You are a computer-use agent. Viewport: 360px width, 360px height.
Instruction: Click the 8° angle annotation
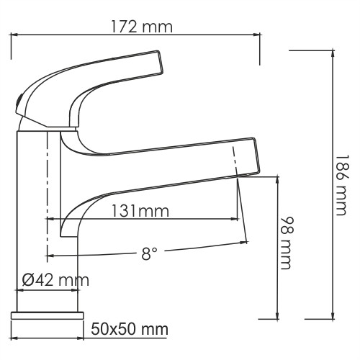149,254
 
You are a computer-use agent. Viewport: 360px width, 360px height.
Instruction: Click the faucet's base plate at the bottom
48,315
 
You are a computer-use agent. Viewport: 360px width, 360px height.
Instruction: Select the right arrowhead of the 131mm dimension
235,218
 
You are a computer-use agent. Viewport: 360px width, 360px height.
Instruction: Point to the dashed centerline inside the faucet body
48,194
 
